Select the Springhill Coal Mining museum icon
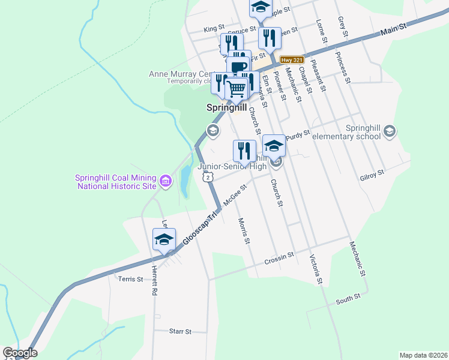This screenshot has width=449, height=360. tap(166, 179)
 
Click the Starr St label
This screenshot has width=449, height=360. tap(179, 331)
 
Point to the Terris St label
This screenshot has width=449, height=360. tap(131, 279)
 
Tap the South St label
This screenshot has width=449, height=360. tap(348, 298)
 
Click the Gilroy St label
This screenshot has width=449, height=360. tap(372, 174)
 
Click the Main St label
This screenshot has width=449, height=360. tap(394, 27)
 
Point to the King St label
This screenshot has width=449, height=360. tap(214, 28)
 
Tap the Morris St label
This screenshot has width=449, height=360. tap(243, 231)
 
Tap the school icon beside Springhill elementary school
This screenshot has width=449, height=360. tap(390, 131)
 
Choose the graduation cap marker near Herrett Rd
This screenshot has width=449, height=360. tap(164, 239)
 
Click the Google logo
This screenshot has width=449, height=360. tap(20, 353)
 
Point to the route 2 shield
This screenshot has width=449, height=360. tap(207, 177)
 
